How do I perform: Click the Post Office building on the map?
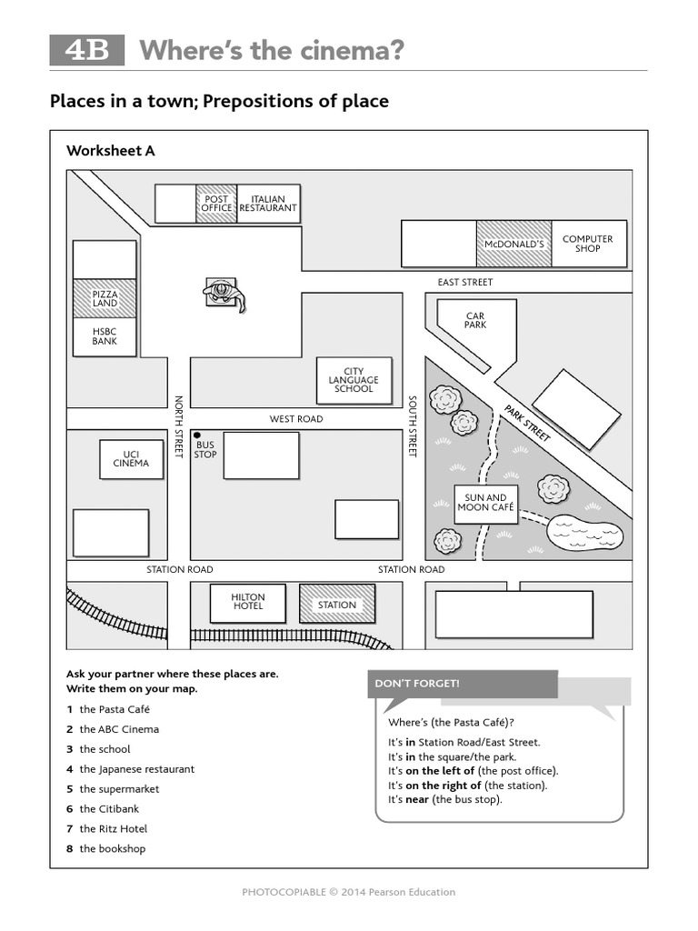[x=216, y=204]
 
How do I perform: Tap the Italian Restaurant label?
[x=268, y=204]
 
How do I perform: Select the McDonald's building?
[x=514, y=244]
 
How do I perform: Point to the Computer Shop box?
[x=588, y=244]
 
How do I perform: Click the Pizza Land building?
[x=105, y=298]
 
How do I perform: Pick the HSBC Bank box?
[x=105, y=336]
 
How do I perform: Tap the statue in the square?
[x=224, y=295]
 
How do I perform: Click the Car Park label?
[x=475, y=320]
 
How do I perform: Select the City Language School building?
[x=354, y=380]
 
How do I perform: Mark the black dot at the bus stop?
[x=196, y=435]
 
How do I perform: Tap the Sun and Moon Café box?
[x=485, y=504]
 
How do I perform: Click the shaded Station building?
[x=337, y=605]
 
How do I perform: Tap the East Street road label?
[x=464, y=282]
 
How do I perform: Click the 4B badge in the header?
[x=86, y=51]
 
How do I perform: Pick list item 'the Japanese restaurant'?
[x=136, y=769]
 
